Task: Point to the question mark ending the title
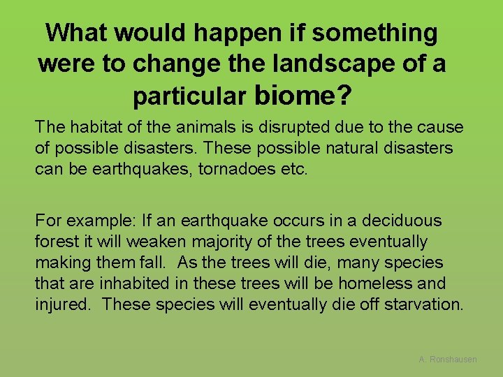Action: coord(344,95)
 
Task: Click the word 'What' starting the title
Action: coord(78,32)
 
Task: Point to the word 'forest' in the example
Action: coord(57,242)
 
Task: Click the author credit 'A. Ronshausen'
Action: coord(448,359)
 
